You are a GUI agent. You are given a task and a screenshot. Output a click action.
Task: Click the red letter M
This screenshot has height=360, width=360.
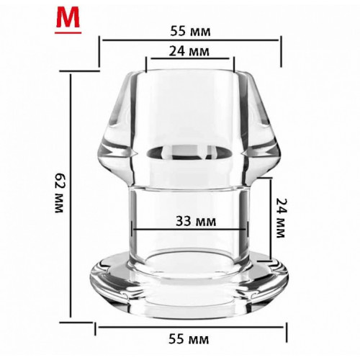[x=68, y=19]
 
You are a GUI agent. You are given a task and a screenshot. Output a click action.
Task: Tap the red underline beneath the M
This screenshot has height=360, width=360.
[x=68, y=32]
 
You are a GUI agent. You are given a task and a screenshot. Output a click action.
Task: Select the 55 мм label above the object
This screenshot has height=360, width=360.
[x=190, y=31]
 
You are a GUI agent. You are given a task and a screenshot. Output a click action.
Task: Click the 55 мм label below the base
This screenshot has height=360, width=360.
[x=189, y=339]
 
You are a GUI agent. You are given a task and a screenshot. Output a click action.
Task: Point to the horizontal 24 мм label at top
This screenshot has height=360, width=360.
[x=189, y=51]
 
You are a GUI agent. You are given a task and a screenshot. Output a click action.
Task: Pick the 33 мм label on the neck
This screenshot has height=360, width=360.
[x=196, y=221]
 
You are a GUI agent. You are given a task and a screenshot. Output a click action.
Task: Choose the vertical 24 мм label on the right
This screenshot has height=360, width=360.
[x=280, y=217]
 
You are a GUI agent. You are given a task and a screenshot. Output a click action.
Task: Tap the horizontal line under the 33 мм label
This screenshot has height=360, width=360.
[x=189, y=230]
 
